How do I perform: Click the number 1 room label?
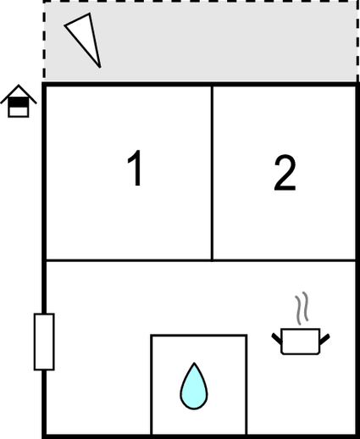click(136, 168)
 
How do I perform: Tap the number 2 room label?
click(285, 173)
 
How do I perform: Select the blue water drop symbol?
click(194, 386)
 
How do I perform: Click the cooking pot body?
click(301, 342)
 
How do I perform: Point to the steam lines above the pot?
click(302, 308)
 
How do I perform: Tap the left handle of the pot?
click(277, 339)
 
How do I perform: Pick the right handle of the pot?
click(324, 339)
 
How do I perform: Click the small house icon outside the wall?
click(19, 101)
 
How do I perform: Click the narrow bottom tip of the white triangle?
click(99, 67)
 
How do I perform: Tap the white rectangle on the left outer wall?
click(44, 342)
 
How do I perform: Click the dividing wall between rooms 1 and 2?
click(212, 172)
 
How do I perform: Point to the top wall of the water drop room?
click(199, 336)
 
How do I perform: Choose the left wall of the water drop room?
click(152, 385)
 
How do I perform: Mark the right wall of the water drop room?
click(246, 385)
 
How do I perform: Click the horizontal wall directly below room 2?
click(285, 259)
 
